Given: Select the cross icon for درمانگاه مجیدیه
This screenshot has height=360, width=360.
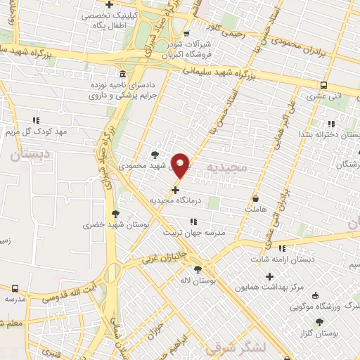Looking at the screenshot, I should tap(175, 190).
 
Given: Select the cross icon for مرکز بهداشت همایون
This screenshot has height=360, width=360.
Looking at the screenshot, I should tap(268, 276).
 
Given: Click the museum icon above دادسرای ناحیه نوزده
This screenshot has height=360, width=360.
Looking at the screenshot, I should tap(123, 74).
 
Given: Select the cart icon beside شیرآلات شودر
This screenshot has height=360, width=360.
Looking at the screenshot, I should tap(186, 34).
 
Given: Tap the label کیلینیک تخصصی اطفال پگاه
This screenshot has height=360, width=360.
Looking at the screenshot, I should tap(110, 20).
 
